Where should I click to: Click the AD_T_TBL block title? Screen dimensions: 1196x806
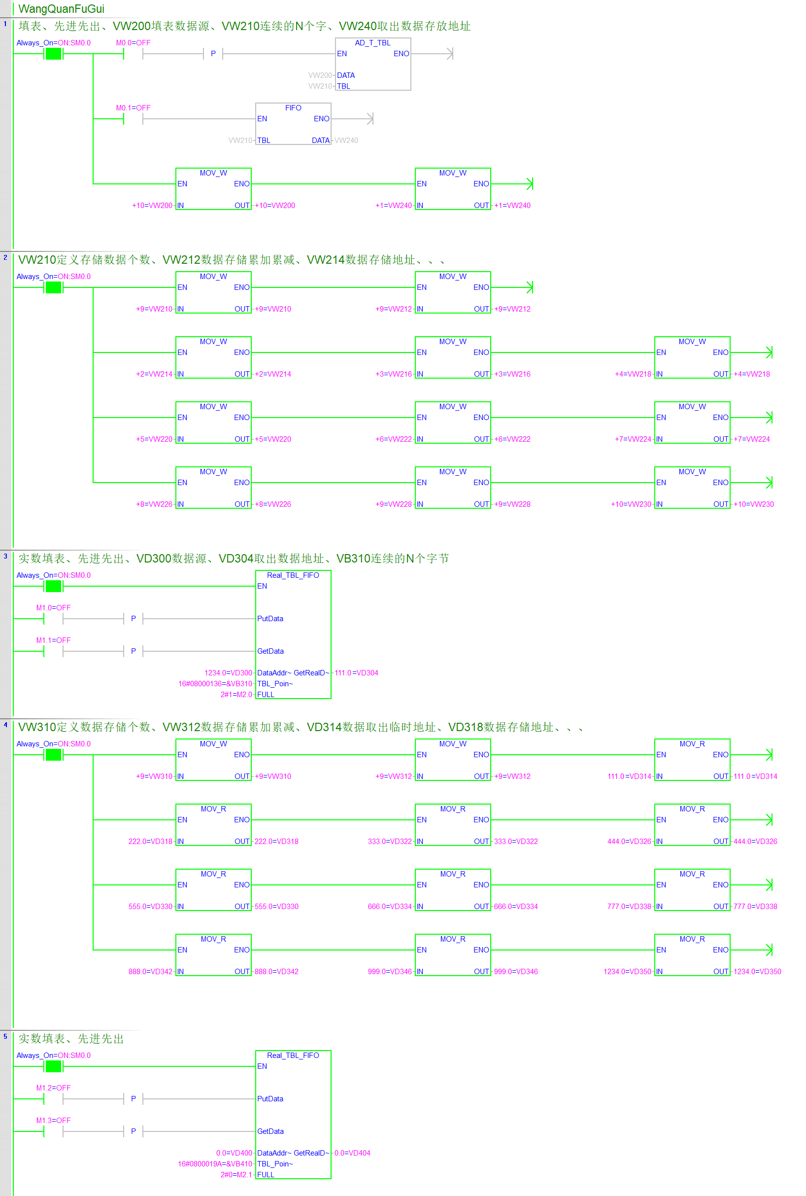[372, 43]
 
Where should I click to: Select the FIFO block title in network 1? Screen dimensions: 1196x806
[293, 107]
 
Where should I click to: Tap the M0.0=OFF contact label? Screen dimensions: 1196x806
[133, 43]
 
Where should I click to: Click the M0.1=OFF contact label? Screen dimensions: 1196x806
[133, 107]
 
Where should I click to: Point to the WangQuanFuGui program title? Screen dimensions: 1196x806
[61, 9]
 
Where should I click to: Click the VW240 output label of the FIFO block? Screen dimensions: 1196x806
[346, 141]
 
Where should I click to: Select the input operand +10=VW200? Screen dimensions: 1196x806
[152, 205]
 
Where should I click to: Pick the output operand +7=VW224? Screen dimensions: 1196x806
[751, 439]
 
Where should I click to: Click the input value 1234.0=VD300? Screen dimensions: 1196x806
[228, 673]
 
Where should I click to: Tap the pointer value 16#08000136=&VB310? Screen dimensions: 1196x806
[215, 684]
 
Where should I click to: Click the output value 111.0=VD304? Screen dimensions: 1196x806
[356, 673]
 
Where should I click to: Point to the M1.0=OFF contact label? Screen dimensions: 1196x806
[54, 607]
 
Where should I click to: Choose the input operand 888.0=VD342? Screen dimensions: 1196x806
[150, 972]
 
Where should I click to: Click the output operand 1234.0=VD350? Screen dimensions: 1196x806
[757, 972]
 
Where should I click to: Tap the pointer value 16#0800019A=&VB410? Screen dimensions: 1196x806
[215, 1163]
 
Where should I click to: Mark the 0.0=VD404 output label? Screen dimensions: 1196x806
[352, 1153]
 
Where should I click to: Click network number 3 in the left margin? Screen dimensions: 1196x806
[5, 556]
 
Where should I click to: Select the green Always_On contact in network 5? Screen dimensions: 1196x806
[54, 1066]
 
